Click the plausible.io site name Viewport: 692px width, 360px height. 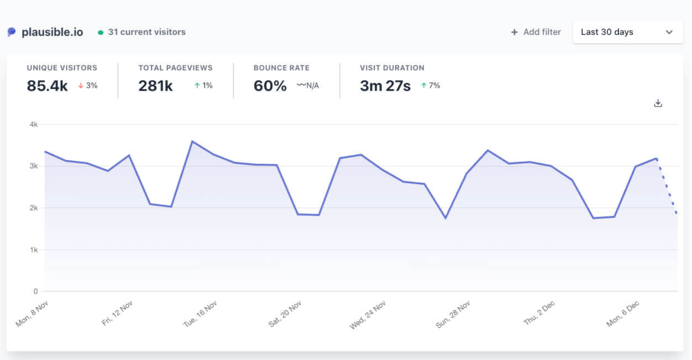pos(52,32)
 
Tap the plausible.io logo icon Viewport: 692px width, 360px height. pos(12,32)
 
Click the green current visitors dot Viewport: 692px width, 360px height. pos(101,33)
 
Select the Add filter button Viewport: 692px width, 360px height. pos(536,32)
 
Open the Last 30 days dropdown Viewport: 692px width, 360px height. pos(627,32)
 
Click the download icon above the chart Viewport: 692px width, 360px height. pos(658,103)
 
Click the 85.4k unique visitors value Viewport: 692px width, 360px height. pos(47,86)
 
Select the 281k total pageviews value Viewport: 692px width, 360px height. pos(155,86)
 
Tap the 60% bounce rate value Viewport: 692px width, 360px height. pos(270,86)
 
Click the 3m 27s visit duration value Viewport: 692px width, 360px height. pos(385,86)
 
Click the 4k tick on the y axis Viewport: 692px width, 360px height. pos(34,124)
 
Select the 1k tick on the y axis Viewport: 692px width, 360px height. pos(34,250)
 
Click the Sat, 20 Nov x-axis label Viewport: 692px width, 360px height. pos(285,314)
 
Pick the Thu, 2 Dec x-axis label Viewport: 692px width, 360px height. pos(539,314)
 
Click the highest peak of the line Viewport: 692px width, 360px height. pos(192,142)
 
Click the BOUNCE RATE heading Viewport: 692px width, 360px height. pos(281,68)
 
